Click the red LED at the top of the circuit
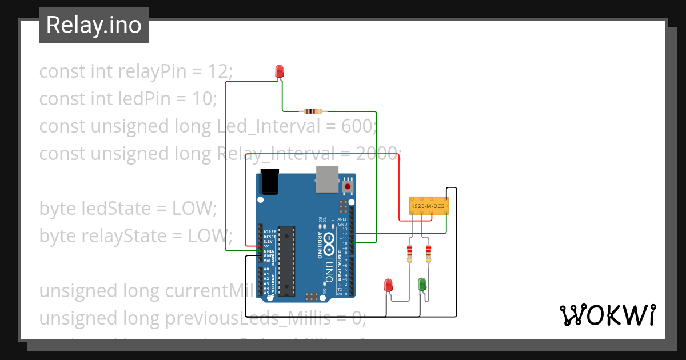pos(280,71)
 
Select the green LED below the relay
pos(422,284)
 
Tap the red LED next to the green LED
pos(389,285)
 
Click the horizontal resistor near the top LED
pos(313,111)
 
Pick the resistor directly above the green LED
pos(428,252)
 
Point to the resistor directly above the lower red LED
pos(409,252)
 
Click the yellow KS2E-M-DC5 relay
pos(429,206)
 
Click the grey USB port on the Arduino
pos(326,179)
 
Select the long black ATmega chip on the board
pos(288,261)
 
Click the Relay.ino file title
pos(94,25)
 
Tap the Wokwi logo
pos(607,315)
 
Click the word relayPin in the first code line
pos(147,71)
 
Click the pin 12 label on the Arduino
pos(345,234)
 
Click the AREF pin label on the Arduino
pos(342,219)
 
